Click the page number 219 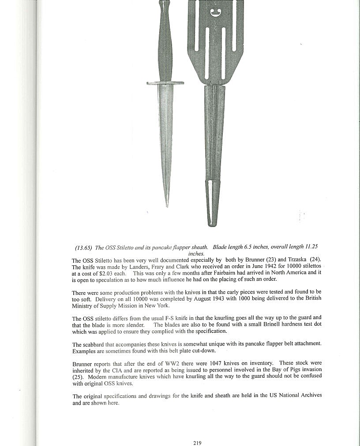click(x=197, y=443)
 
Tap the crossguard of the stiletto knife click(x=165, y=83)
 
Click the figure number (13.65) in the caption click(x=84, y=248)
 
